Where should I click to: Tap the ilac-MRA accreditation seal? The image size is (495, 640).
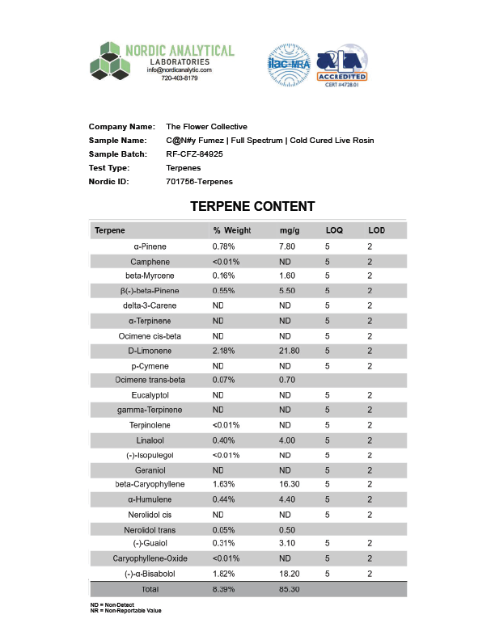(x=288, y=65)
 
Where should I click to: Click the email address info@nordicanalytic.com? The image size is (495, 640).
(x=179, y=70)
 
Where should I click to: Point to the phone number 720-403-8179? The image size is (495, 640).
(x=179, y=78)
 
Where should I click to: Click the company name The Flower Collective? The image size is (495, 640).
(x=206, y=127)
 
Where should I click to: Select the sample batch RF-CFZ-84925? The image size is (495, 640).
(x=194, y=154)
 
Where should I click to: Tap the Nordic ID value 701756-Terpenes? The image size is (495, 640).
(x=198, y=182)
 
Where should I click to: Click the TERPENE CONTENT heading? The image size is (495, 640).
(x=252, y=207)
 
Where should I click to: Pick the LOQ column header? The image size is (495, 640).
(x=334, y=231)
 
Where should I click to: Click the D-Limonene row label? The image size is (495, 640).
(x=150, y=351)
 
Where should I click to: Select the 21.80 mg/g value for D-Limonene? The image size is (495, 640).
(x=290, y=351)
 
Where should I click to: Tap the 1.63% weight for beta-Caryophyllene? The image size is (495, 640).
(x=224, y=485)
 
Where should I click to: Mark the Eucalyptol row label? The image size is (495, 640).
(x=150, y=395)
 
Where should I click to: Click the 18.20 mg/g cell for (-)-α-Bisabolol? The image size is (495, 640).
(x=290, y=575)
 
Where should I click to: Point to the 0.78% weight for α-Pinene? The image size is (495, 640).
(x=224, y=246)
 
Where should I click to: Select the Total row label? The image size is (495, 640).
(x=150, y=590)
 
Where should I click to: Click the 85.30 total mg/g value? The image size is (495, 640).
(x=290, y=590)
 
